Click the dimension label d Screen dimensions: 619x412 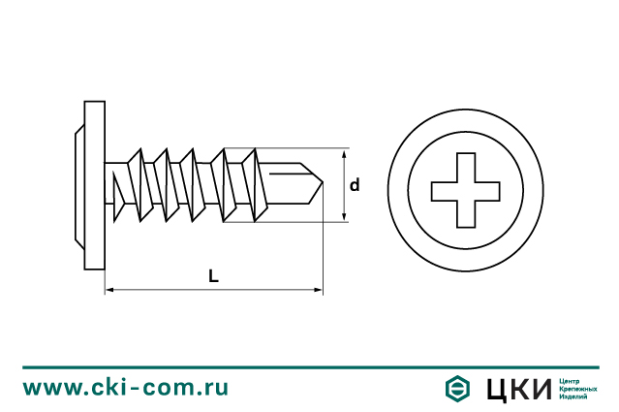point(355,185)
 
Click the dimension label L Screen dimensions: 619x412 point(213,276)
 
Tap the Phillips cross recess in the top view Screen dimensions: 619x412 point(465,190)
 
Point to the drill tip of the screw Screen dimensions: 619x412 point(323,183)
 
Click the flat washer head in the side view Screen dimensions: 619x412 point(95,185)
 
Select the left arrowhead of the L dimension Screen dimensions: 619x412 point(109,290)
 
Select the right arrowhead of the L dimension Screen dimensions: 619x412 point(318,290)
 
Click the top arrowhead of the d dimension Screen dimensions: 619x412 point(344,154)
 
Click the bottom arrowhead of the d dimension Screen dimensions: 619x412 point(344,216)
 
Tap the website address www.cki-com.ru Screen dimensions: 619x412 point(126,388)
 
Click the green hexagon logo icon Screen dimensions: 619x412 point(457,389)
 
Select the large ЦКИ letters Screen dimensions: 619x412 point(518,390)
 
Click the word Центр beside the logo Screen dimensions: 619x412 point(570,382)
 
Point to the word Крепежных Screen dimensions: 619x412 point(578,389)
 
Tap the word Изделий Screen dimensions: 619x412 point(573,396)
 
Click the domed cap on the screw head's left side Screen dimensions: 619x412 point(79,186)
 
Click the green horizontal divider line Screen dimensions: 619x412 point(311,367)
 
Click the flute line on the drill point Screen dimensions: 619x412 point(288,173)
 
